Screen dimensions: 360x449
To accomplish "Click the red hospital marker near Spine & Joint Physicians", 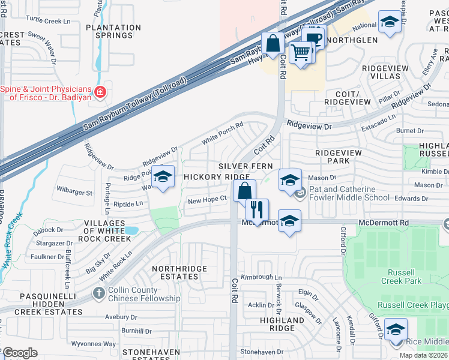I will pyautogui.click(x=100, y=93).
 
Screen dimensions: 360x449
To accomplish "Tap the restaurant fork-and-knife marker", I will pyautogui.click(x=257, y=210).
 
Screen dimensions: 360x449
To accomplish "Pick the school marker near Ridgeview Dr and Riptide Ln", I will pyautogui.click(x=162, y=177).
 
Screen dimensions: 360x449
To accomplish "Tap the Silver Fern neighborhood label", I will pyautogui.click(x=246, y=166).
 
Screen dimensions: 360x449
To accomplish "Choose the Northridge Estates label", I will pyautogui.click(x=179, y=272).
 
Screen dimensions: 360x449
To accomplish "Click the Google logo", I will pyautogui.click(x=20, y=353).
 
